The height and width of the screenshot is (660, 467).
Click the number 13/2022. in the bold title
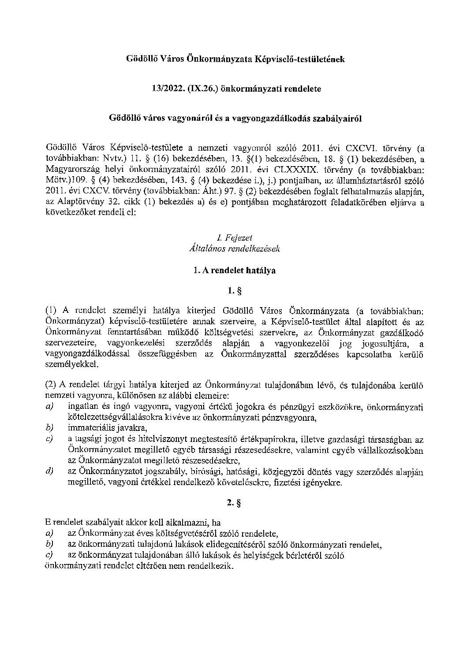click(x=161, y=89)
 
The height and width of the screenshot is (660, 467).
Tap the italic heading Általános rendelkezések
click(x=234, y=248)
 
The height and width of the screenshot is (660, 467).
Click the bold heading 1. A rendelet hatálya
click(x=234, y=271)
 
